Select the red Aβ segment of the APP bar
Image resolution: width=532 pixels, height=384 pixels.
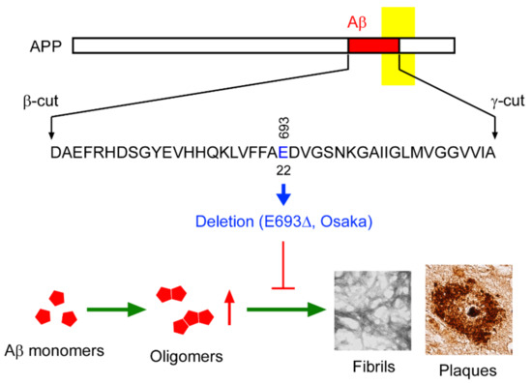coord(372,45)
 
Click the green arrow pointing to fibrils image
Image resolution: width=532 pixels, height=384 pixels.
coord(283,310)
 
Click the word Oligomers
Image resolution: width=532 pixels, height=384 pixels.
coord(192,357)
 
